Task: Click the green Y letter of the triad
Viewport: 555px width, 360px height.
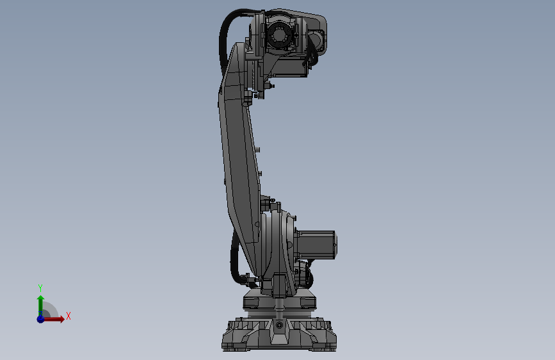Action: point(40,288)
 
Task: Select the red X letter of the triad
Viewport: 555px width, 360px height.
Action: point(68,316)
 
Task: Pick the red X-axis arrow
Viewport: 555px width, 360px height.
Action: point(55,318)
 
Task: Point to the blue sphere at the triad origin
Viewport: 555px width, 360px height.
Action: point(40,318)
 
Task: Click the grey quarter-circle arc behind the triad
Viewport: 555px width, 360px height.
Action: point(51,308)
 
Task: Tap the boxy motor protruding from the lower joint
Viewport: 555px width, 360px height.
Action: point(318,244)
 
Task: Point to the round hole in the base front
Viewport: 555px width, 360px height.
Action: point(280,325)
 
